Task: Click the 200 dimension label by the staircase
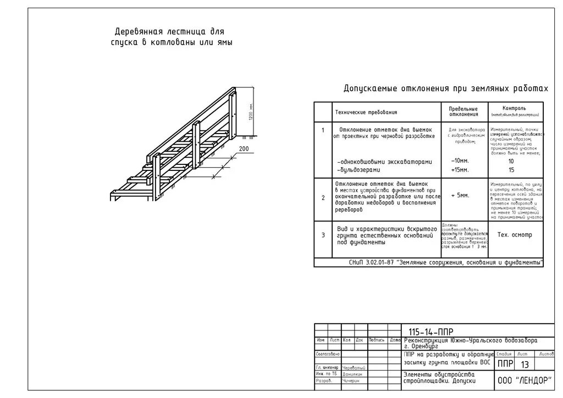click(x=244, y=149)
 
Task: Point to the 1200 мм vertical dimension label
click(x=251, y=113)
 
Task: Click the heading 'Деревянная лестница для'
click(x=169, y=32)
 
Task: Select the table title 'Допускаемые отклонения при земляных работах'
click(x=446, y=89)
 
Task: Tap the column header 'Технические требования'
click(x=366, y=113)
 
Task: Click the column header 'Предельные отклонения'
click(x=463, y=112)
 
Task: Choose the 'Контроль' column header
click(x=514, y=108)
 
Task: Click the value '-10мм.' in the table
click(x=460, y=162)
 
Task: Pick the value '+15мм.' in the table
click(x=460, y=170)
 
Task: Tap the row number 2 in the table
click(x=323, y=198)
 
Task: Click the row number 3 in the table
click(x=323, y=235)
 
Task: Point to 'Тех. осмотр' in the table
click(x=515, y=235)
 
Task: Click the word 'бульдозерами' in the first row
click(x=364, y=170)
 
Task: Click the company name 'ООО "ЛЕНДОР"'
click(x=525, y=381)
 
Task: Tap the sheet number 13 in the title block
click(x=525, y=364)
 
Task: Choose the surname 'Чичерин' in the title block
click(x=351, y=380)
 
